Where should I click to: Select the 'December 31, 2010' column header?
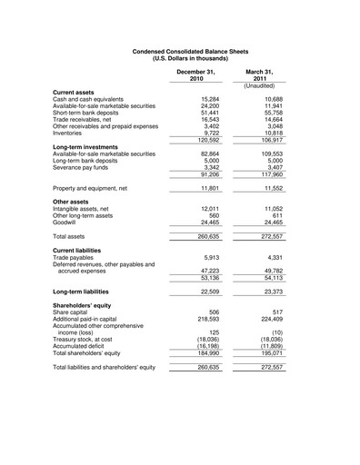click(196, 74)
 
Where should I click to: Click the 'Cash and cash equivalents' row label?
click(97, 99)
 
